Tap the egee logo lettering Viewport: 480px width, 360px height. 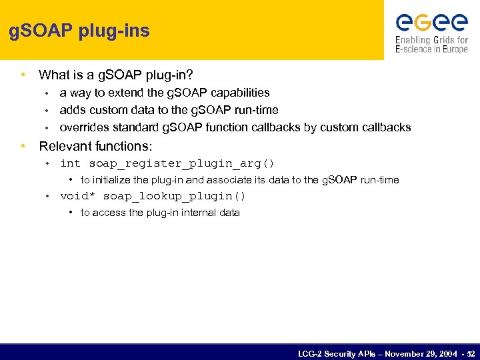tap(431, 23)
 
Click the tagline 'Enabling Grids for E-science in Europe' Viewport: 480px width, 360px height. tap(431, 45)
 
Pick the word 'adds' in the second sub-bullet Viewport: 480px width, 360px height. tap(72, 110)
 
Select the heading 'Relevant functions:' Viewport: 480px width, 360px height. tap(95, 145)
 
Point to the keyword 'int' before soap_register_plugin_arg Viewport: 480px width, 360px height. tap(70, 163)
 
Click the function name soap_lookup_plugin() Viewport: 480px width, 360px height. tap(174, 196)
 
